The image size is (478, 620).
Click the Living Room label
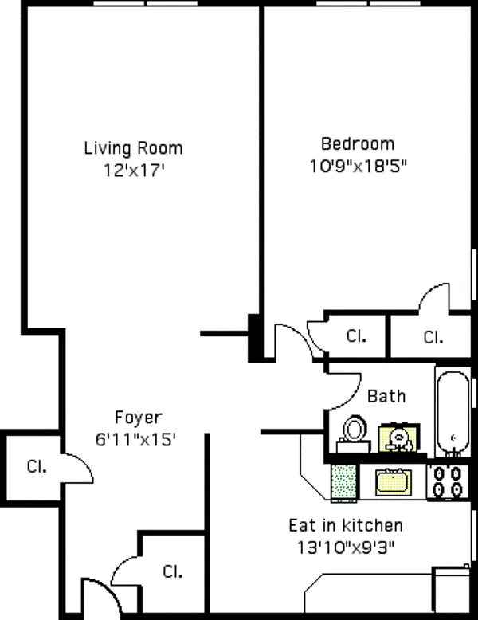(133, 148)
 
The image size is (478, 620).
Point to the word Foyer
(138, 418)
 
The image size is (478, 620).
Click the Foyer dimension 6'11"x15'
(138, 438)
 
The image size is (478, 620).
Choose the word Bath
(386, 396)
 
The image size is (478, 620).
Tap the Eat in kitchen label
(345, 526)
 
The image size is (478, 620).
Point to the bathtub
(453, 411)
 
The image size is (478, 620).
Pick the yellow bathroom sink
(396, 438)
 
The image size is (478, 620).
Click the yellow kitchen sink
(393, 481)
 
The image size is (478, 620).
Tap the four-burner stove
(446, 482)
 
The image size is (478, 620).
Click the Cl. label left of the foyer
(36, 467)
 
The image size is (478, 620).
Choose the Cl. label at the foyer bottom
(172, 571)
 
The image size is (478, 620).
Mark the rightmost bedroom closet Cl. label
(433, 337)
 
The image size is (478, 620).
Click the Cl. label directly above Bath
(356, 336)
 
